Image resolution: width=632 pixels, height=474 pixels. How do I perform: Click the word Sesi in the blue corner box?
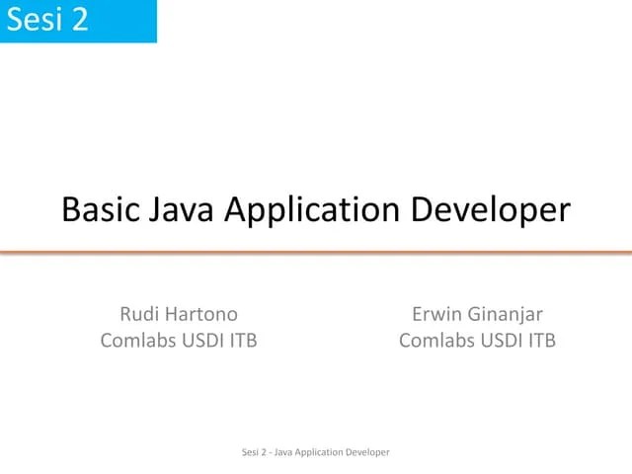click(x=34, y=20)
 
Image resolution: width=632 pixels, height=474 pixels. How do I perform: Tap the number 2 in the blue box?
click(x=78, y=20)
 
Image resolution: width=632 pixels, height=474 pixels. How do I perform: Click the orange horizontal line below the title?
click(x=316, y=253)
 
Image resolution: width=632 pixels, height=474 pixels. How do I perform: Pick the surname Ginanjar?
click(x=507, y=316)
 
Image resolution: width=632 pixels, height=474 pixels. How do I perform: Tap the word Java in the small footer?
click(x=279, y=452)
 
